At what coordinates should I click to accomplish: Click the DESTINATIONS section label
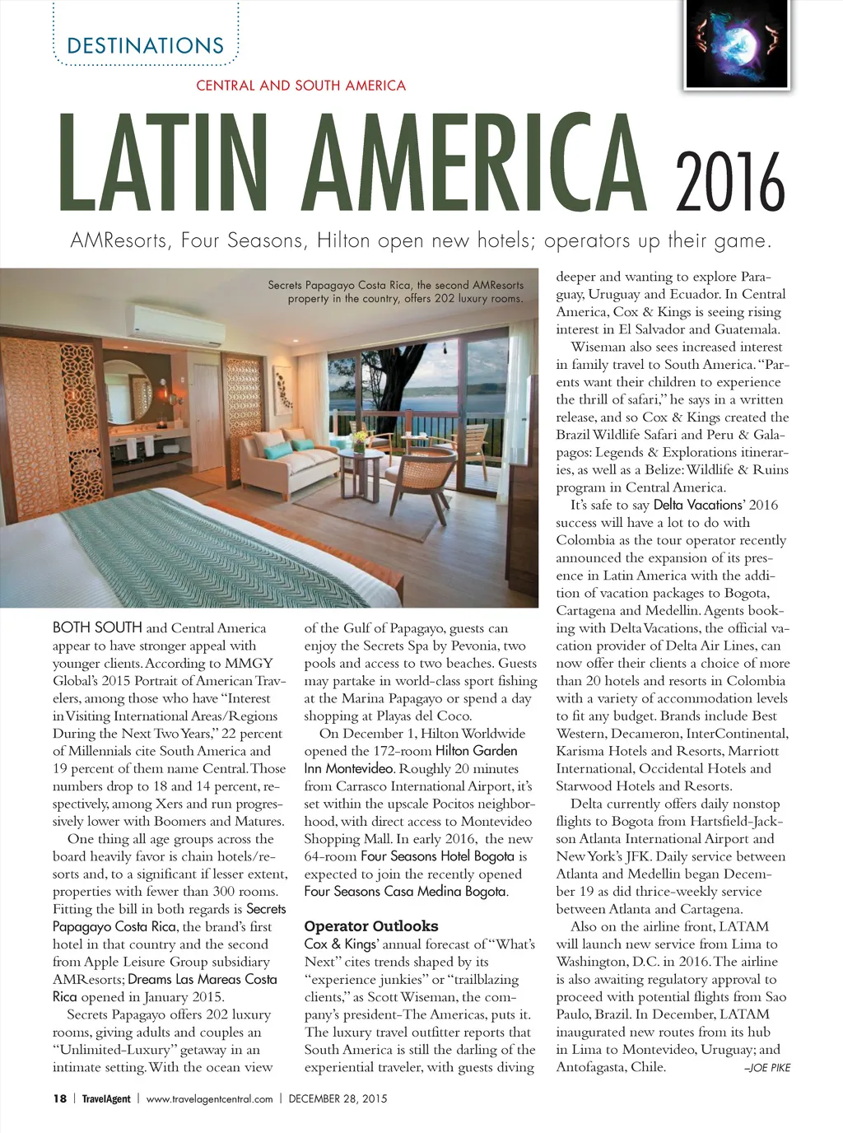[145, 45]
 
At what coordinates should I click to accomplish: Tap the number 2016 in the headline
[730, 182]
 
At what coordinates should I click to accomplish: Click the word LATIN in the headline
[165, 163]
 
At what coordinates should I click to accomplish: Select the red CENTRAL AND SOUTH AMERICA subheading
[300, 86]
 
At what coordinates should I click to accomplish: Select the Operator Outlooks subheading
[371, 926]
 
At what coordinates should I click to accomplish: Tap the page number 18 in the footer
[59, 1098]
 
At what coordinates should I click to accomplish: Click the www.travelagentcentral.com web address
[209, 1098]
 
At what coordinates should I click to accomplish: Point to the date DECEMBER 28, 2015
[338, 1098]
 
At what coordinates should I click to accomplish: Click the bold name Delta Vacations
[697, 505]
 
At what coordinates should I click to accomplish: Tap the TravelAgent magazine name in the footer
[106, 1098]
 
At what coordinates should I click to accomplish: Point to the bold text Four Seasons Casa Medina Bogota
[405, 891]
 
